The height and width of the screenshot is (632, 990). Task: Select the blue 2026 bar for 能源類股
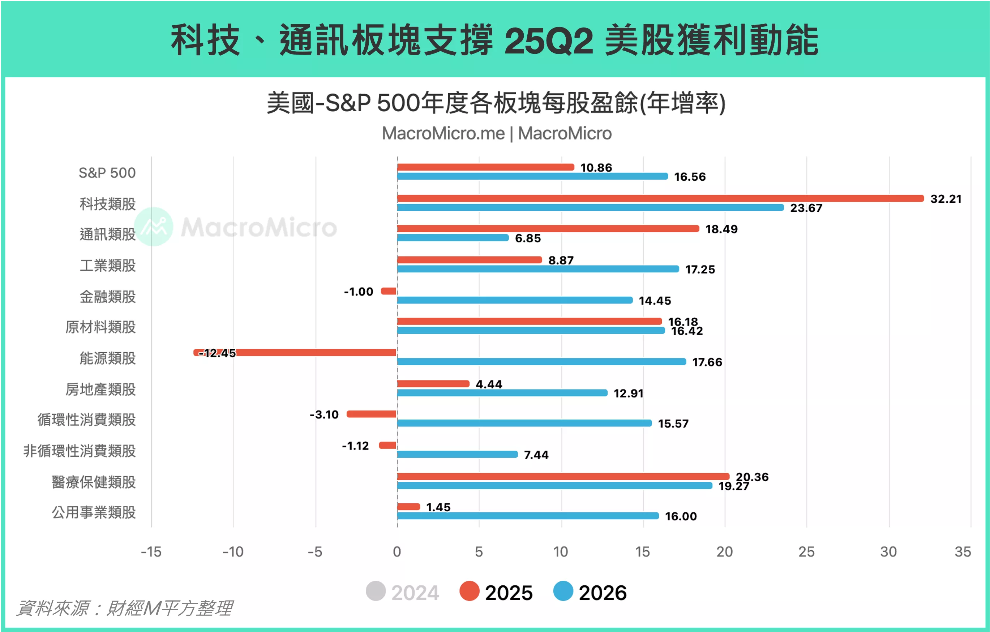(x=541, y=362)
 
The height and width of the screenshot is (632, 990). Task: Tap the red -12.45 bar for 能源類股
(x=312, y=353)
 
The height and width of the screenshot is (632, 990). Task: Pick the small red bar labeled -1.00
(x=389, y=291)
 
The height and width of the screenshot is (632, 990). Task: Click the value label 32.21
(x=946, y=199)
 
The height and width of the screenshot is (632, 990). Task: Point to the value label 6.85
(x=528, y=238)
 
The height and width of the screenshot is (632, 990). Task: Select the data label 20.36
(x=752, y=477)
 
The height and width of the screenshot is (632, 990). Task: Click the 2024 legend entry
(x=403, y=592)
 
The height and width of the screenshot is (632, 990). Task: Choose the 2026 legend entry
(x=590, y=592)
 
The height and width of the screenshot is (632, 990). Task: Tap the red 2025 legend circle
(x=470, y=591)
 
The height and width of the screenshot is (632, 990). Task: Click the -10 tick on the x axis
(x=233, y=551)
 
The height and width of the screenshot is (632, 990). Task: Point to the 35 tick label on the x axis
(x=963, y=551)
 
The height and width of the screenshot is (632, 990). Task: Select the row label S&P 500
(x=107, y=173)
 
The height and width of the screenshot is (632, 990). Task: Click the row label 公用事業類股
(x=94, y=512)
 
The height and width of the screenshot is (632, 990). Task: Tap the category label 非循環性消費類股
(x=80, y=451)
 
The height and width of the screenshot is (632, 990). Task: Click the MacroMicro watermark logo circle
(x=154, y=227)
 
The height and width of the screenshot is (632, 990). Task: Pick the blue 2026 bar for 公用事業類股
(x=528, y=516)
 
